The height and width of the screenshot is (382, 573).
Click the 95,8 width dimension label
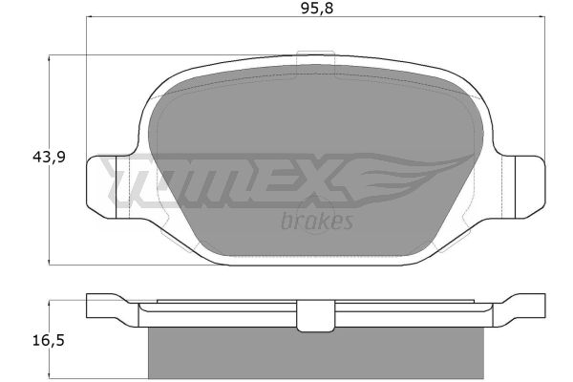(x=317, y=8)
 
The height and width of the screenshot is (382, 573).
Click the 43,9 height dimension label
(x=49, y=158)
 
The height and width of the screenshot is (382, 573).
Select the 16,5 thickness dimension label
(x=49, y=341)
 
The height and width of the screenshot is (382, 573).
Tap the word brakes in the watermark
(x=317, y=222)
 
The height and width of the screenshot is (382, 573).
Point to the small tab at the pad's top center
(x=316, y=53)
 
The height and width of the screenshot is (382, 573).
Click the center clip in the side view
(x=316, y=316)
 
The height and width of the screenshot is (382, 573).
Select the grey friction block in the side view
(x=316, y=353)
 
